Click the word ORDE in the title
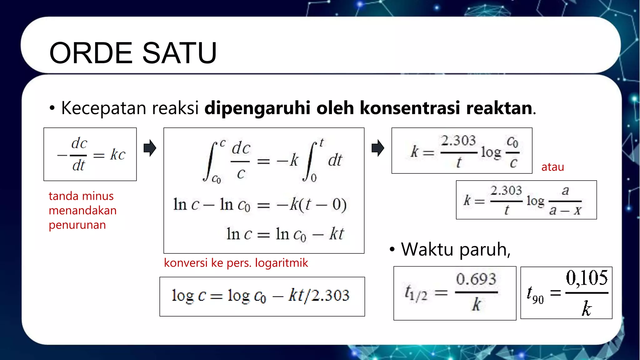(x=91, y=53)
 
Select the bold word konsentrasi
(x=410, y=108)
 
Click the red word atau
(x=552, y=167)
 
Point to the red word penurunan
(x=77, y=225)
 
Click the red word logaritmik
(x=281, y=263)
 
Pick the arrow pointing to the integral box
(x=150, y=148)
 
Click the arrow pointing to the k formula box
(x=378, y=148)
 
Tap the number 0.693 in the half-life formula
(x=476, y=279)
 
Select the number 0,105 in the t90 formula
(x=587, y=278)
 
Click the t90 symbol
(x=535, y=295)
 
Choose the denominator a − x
(x=565, y=210)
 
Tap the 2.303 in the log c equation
(x=330, y=295)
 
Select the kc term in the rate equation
(x=117, y=154)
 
